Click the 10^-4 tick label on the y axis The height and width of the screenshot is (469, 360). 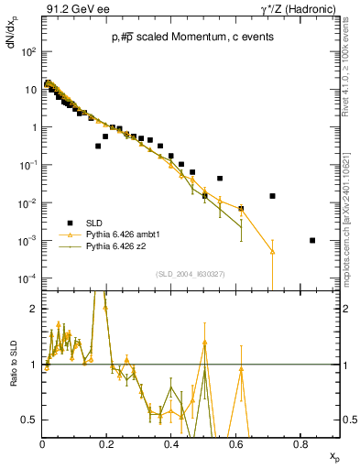coord(29,278)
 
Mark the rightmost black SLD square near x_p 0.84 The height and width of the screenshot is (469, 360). coord(312,240)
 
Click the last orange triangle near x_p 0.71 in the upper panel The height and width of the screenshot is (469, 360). coord(272,252)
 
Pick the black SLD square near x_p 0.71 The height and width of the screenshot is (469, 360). coord(272,196)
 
